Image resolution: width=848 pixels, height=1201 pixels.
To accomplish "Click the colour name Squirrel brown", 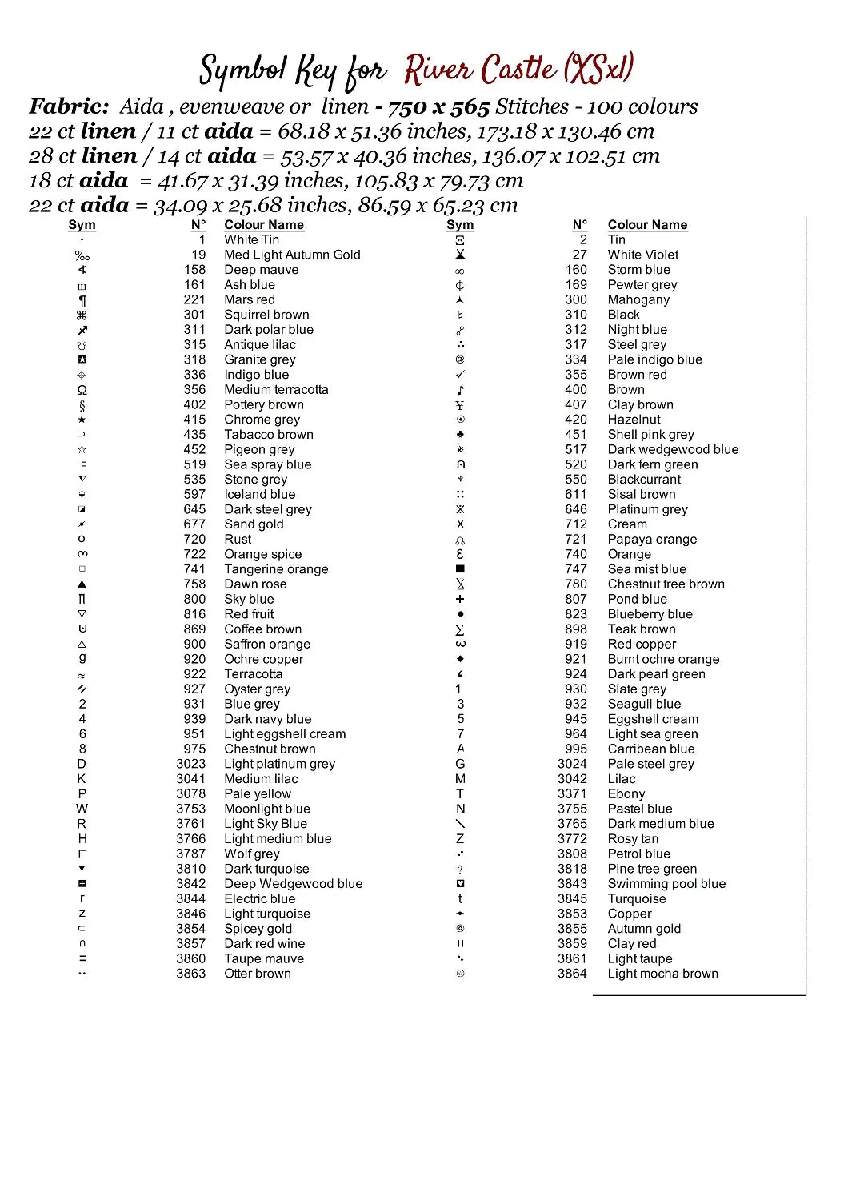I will coord(266,315).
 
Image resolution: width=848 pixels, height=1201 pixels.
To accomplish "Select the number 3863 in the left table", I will coord(190,974).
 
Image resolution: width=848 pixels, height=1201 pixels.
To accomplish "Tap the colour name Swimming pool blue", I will coord(666,884).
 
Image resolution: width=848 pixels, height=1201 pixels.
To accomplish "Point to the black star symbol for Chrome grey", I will coord(82,420).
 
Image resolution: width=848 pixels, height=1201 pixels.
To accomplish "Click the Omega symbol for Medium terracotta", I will coord(82,390).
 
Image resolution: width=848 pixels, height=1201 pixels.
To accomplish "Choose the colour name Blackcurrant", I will coord(644,480).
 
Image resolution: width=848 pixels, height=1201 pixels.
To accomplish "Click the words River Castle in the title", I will coord(480,70).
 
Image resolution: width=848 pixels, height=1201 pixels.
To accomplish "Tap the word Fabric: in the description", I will coord(69,106).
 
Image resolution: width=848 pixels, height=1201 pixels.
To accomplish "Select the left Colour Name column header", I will coord(264,225).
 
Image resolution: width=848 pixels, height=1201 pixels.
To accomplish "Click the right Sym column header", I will coord(460,225).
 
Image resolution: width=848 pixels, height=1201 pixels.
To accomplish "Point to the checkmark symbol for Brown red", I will coord(460,375).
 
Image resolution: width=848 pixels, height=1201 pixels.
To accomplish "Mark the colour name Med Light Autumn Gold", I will coord(292,255).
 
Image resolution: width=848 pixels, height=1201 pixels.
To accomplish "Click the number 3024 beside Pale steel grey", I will coord(572,764).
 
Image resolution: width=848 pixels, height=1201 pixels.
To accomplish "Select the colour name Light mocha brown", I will coord(662,974).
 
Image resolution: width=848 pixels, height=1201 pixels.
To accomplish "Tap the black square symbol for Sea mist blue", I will coord(460,569).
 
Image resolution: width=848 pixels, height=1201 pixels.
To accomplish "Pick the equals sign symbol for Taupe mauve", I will coord(82,958).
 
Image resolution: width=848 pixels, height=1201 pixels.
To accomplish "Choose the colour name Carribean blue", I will coord(651,749).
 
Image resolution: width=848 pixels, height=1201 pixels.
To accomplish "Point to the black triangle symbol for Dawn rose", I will coord(82,584).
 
